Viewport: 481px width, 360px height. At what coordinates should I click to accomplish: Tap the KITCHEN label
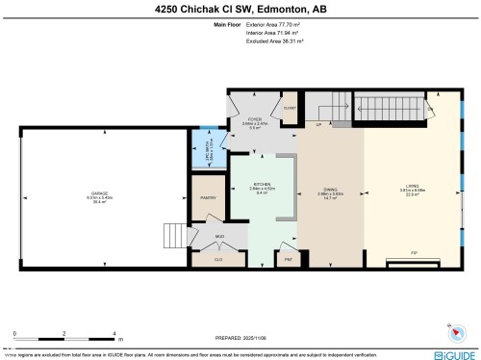point(263,183)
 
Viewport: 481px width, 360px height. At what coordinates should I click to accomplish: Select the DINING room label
point(329,189)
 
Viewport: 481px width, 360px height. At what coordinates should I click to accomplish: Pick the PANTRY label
point(206,197)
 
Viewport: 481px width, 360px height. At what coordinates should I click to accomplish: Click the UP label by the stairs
point(318,124)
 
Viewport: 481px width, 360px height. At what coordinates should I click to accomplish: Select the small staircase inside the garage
point(171,233)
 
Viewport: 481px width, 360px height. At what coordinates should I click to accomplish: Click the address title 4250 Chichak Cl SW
point(240,10)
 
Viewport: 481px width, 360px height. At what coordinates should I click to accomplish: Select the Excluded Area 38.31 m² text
point(276,42)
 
